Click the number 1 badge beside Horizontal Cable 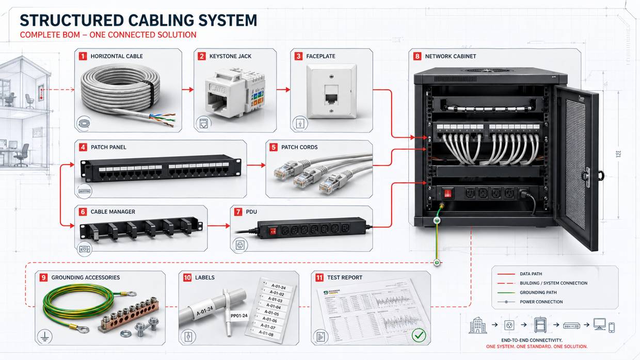coord(83,56)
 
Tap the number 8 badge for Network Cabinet coord(417,56)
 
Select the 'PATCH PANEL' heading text coord(108,148)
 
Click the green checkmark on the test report coord(419,336)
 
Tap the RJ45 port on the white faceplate coord(330,96)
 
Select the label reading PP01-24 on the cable coord(238,316)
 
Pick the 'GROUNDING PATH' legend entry coord(538,292)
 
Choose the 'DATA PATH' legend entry coord(531,274)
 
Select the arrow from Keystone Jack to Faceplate coord(283,90)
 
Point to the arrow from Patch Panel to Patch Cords coord(256,166)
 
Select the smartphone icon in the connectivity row coord(612,327)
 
